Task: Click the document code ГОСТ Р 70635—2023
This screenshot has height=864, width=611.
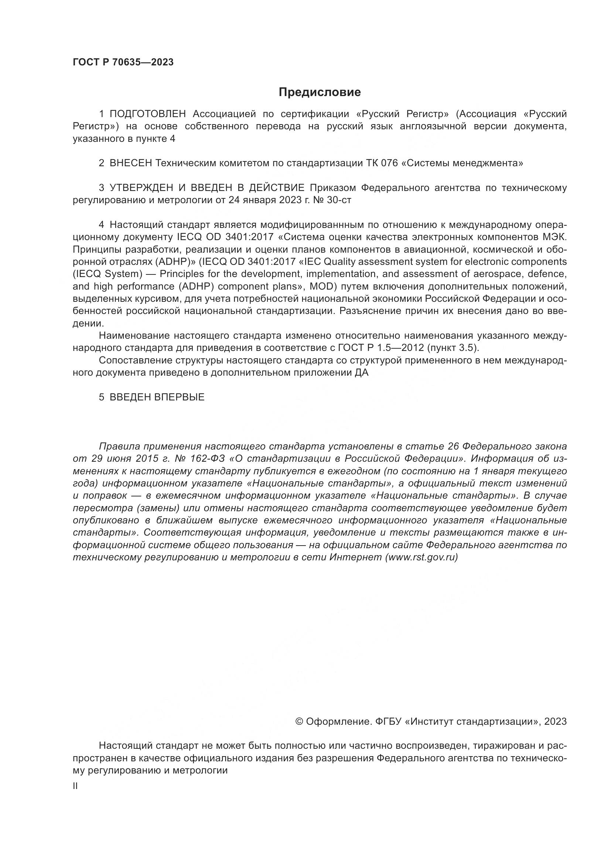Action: click(123, 62)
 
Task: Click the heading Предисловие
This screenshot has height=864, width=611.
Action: click(320, 92)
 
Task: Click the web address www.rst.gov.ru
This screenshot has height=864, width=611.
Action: click(421, 557)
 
